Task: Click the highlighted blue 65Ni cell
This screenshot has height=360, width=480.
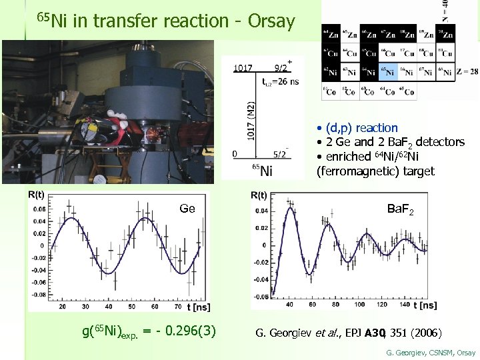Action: [389, 71]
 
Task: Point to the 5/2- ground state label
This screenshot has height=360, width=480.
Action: [280, 154]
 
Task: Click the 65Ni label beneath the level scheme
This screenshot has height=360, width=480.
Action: [263, 170]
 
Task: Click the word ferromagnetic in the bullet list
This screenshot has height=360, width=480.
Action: [354, 171]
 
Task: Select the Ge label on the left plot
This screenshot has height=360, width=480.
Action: [187, 209]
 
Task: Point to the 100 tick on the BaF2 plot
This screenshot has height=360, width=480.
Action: [359, 305]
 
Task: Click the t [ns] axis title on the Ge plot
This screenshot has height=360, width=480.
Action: [198, 307]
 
